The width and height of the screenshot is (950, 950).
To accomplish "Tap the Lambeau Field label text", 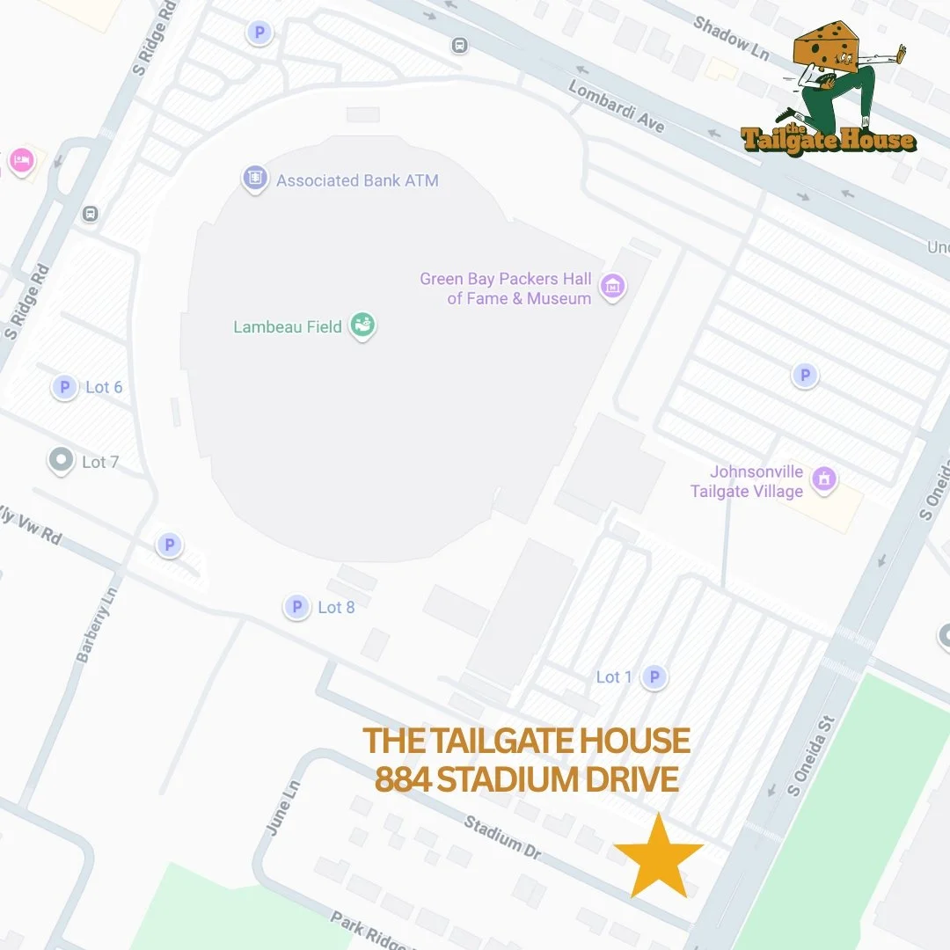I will (288, 327).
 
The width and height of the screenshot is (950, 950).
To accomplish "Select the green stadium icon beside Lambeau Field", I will (362, 325).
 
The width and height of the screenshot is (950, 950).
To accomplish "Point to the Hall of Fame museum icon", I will (612, 287).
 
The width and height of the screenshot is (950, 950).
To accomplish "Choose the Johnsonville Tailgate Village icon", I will (824, 479).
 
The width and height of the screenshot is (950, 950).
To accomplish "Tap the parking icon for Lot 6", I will (64, 387).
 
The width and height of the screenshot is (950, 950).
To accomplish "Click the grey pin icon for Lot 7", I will (61, 460).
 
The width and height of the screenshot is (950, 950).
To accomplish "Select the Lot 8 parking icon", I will (297, 607).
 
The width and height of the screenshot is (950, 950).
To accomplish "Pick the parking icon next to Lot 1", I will (654, 676).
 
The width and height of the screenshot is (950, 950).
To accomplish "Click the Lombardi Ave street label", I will (616, 106).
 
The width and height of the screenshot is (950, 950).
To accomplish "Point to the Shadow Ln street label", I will (730, 37).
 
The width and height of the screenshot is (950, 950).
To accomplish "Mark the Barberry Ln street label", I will (96, 625).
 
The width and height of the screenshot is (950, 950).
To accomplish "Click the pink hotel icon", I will (20, 161).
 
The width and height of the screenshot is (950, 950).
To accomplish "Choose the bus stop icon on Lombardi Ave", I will (459, 45).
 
